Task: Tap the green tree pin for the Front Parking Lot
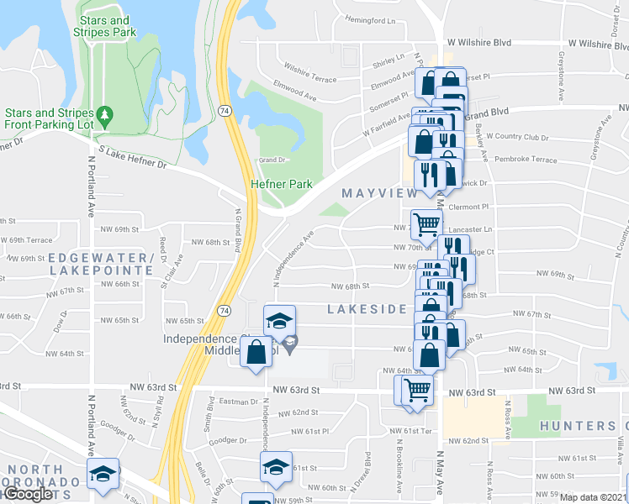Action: point(104,113)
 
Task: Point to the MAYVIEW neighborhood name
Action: point(379,194)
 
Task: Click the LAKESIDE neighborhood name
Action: point(367,309)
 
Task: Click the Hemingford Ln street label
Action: point(370,19)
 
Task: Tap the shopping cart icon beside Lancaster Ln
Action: point(426,223)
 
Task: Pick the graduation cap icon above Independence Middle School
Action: point(280,319)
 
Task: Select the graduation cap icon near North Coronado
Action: point(103,474)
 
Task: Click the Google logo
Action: point(28,495)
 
